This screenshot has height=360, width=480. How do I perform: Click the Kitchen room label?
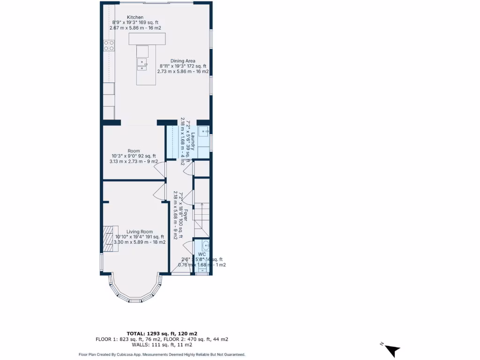pos(135,17)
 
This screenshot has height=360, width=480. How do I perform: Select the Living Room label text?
pos(140,232)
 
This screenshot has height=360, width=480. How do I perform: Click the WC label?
pos(202,254)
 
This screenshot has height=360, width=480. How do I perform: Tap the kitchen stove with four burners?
pos(109,45)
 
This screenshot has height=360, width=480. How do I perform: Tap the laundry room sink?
pos(204,132)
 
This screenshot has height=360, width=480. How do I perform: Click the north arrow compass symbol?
pos(392,349)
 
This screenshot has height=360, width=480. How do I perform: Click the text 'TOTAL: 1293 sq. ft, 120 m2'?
pos(162,333)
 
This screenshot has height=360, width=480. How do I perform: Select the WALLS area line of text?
pos(162,345)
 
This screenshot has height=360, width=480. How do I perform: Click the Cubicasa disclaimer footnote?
pos(162,355)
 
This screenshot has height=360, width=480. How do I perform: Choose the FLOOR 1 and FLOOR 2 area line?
pos(162,339)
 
